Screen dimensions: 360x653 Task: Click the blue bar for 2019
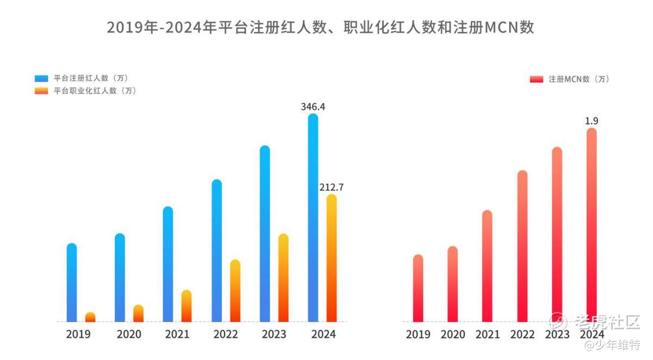(x=72, y=282)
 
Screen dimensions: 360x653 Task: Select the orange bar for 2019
(x=90, y=317)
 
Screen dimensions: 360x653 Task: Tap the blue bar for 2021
(x=168, y=264)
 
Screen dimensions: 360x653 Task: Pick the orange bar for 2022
(x=235, y=291)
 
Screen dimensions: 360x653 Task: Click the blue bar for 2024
(x=313, y=218)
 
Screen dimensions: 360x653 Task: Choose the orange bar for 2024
(x=331, y=258)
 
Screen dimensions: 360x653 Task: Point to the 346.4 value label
(x=313, y=107)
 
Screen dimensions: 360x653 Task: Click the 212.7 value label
(x=331, y=188)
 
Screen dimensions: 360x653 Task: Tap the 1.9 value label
(x=592, y=121)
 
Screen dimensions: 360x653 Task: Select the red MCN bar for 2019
(x=418, y=288)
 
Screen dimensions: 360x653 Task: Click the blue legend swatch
(x=41, y=78)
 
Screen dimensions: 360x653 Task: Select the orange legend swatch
(x=41, y=91)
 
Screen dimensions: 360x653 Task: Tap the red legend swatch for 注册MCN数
(x=537, y=79)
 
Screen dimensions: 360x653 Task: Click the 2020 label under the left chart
(x=129, y=334)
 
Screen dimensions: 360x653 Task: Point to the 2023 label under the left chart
(x=274, y=334)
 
